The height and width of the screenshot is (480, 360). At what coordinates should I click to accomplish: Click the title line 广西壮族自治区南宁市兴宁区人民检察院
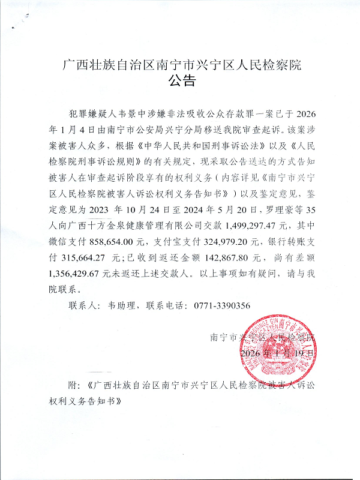coord(181,64)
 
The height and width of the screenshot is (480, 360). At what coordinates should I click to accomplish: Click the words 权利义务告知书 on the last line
coord(85,400)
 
